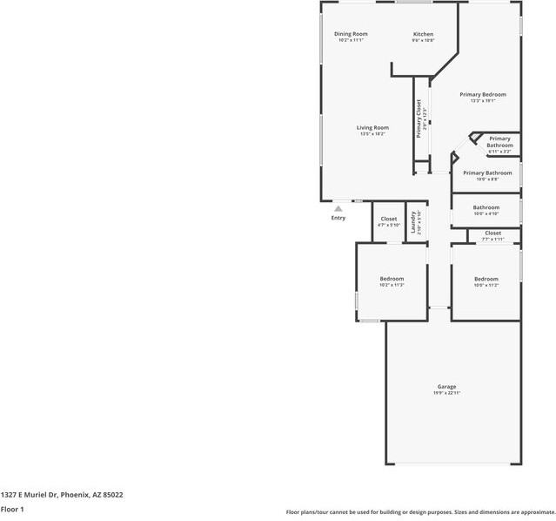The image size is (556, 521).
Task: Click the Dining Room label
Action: (351, 34)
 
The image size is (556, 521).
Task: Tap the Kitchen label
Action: (423, 34)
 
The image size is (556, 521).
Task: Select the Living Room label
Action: (372, 128)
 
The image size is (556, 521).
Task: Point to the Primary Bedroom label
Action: (483, 94)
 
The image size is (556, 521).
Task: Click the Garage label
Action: (446, 387)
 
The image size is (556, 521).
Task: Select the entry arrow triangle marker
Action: (338, 208)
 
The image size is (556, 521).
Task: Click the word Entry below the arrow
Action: (338, 218)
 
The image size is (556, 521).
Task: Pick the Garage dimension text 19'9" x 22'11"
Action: (446, 394)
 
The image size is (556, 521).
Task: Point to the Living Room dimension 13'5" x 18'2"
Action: (372, 134)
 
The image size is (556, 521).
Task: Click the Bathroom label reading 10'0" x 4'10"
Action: (486, 207)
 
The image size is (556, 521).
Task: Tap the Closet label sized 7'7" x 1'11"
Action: (492, 233)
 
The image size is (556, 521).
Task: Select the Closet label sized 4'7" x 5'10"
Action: (388, 219)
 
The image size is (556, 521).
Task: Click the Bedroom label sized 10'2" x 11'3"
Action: (392, 279)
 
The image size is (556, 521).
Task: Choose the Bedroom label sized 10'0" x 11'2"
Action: (486, 279)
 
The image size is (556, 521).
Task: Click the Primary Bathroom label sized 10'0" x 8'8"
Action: (486, 173)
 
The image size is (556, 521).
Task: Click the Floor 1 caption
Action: (12, 509)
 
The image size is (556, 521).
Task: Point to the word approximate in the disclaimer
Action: (533, 512)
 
